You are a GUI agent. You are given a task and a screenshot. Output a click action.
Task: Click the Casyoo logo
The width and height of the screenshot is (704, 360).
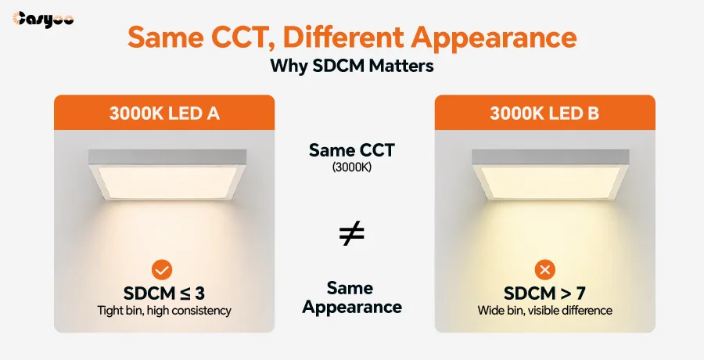coord(43,20)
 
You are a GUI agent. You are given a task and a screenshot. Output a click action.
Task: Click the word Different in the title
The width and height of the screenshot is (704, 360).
coord(344,37)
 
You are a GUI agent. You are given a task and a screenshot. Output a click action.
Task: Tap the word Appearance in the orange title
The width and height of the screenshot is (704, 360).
coord(494,38)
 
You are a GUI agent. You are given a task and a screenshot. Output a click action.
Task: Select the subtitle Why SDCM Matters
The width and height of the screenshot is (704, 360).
coord(351,66)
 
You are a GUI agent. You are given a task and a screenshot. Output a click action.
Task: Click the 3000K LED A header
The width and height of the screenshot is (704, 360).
coord(164,113)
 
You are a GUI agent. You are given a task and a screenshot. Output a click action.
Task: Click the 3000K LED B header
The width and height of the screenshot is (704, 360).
coord(544,113)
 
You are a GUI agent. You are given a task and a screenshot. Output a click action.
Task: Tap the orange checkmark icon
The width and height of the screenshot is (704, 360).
coord(162,270)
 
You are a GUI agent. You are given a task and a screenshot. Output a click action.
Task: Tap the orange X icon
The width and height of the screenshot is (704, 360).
coord(545,270)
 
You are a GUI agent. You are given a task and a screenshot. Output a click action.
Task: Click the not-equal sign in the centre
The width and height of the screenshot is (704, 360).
coord(351,234)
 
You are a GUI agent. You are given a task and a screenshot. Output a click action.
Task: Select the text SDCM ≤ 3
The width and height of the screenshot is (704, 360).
coord(164,293)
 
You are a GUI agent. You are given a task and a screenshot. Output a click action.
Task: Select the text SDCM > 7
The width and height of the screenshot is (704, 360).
coord(544,293)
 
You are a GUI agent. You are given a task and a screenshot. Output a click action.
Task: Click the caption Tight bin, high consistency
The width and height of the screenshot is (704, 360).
coord(164,311)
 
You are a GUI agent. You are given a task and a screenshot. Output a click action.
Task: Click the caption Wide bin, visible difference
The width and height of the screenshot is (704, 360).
coord(545,311)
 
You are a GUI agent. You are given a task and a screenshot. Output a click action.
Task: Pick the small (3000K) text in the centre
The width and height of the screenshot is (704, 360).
coord(351,167)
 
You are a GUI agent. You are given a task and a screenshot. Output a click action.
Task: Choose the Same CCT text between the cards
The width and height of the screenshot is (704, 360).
coord(351,150)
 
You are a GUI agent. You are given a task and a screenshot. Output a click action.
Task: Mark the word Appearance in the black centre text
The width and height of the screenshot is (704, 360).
coord(352,308)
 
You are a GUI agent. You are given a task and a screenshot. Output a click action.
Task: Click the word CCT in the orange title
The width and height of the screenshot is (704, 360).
coord(243,38)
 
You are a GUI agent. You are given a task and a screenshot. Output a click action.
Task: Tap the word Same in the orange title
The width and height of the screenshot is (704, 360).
coord(166,38)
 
